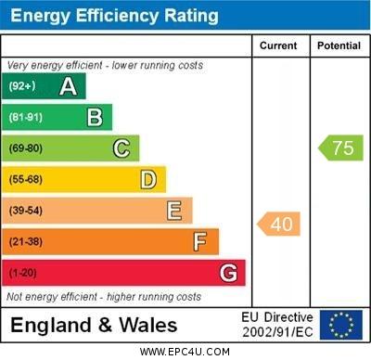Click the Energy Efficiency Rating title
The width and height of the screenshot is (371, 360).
(114, 16)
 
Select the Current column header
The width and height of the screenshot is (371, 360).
(278, 45)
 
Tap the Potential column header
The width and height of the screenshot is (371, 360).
(339, 45)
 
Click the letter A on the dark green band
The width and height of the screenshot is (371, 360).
(68, 86)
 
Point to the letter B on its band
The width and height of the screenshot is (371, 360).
(95, 117)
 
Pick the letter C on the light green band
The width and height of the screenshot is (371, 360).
(122, 148)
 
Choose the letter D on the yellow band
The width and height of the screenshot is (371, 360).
(148, 179)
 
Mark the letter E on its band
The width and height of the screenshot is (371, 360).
(174, 211)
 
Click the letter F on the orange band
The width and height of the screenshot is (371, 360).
(199, 242)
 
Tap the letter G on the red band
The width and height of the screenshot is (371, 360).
(228, 273)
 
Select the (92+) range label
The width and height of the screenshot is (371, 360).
(22, 86)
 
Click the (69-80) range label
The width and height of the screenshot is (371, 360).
(26, 148)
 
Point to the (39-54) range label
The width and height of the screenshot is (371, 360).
(26, 211)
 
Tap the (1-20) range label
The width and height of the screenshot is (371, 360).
(23, 273)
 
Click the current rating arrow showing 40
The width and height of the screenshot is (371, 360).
(279, 224)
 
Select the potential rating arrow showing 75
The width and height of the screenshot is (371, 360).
(341, 148)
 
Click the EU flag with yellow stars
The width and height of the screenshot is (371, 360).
(340, 325)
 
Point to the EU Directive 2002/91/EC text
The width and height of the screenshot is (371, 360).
(278, 325)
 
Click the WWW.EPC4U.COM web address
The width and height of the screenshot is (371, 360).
(185, 352)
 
